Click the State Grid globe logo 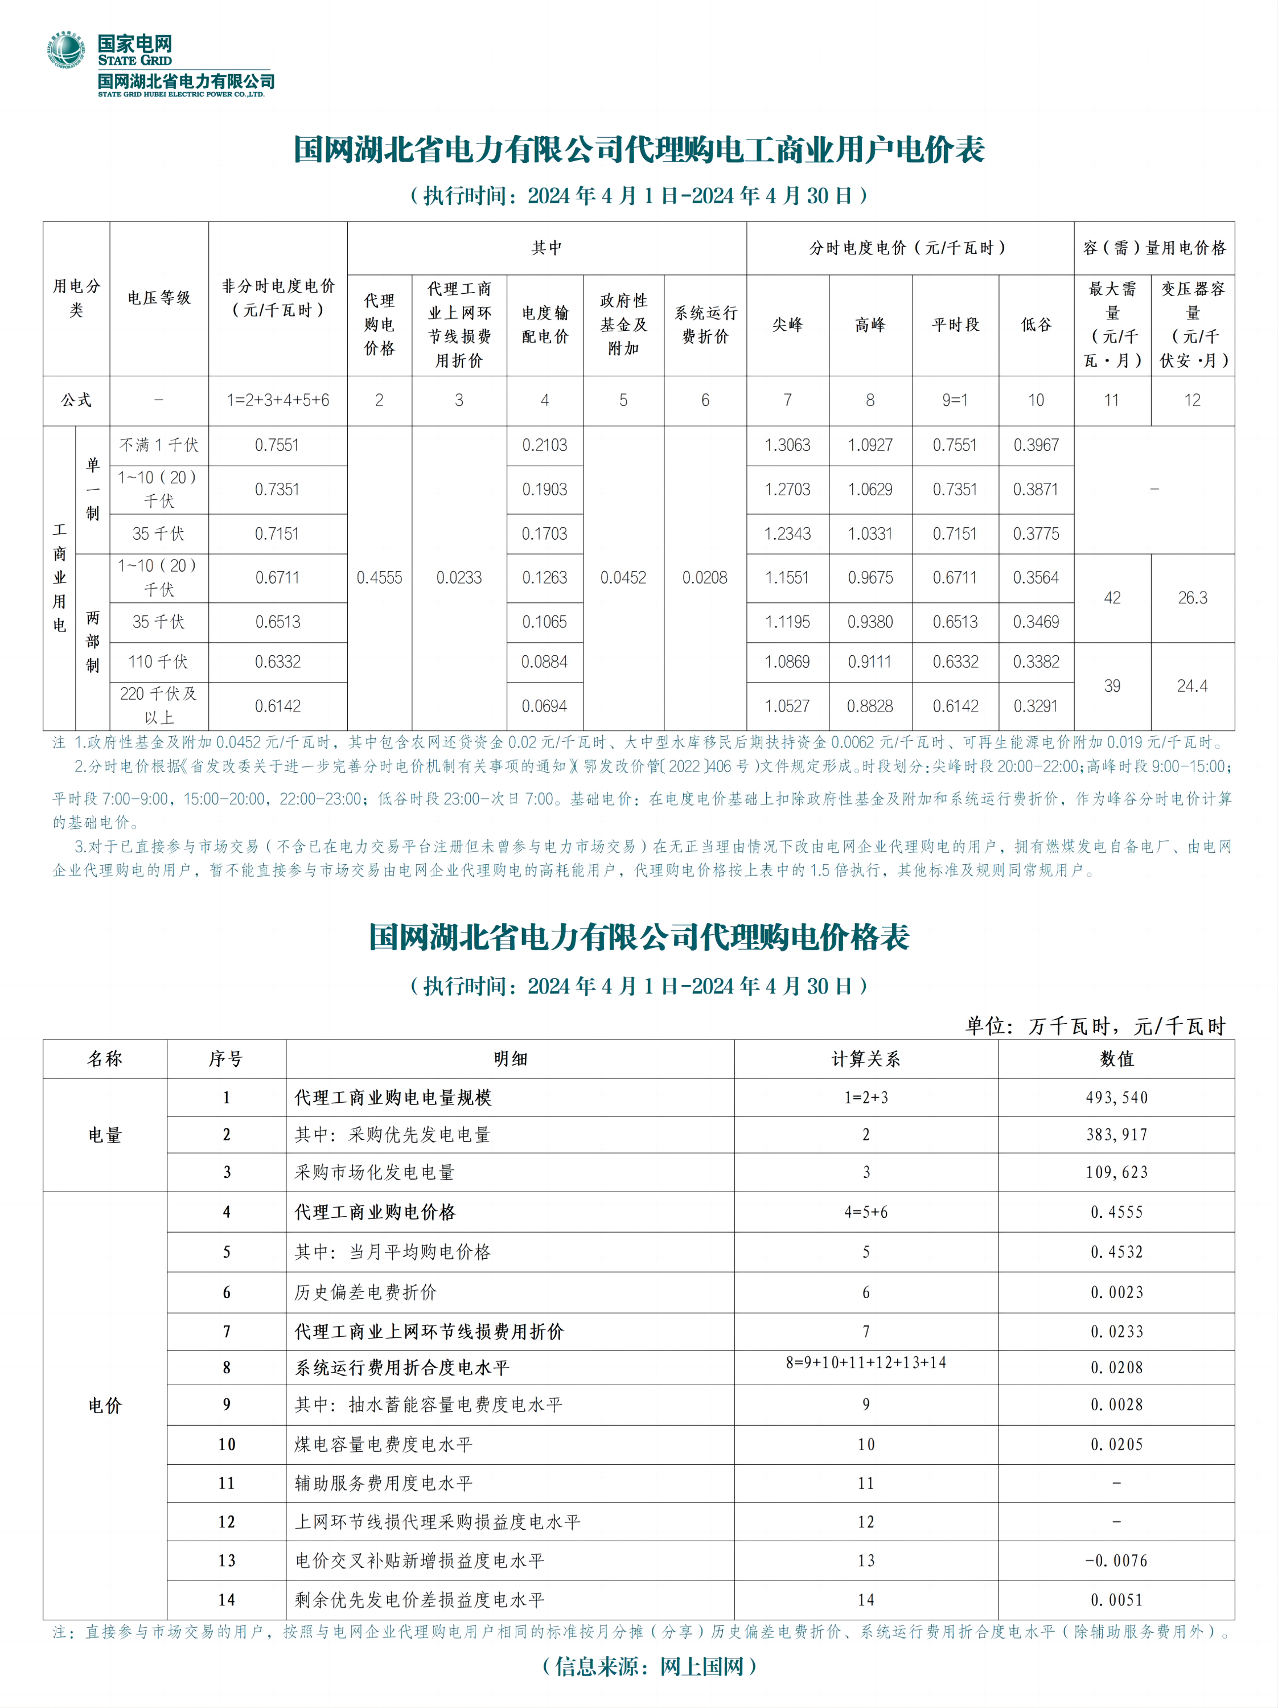click(x=67, y=51)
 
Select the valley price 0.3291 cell click(x=1035, y=706)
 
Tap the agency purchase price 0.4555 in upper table click(x=379, y=577)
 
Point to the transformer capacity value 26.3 click(x=1192, y=598)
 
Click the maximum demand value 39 click(x=1112, y=685)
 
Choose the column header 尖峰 click(x=788, y=325)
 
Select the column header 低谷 click(x=1036, y=325)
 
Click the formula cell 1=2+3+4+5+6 click(x=277, y=400)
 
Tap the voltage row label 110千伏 click(x=158, y=662)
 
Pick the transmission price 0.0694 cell click(x=544, y=706)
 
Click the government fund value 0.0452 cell click(x=623, y=577)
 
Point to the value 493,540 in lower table click(x=1116, y=1097)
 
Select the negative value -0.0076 click(x=1116, y=1561)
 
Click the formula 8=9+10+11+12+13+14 click(x=866, y=1363)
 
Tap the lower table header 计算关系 click(x=866, y=1058)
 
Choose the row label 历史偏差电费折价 click(x=366, y=1292)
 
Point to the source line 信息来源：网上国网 click(x=650, y=1666)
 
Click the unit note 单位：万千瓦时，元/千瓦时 click(x=1095, y=1026)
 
